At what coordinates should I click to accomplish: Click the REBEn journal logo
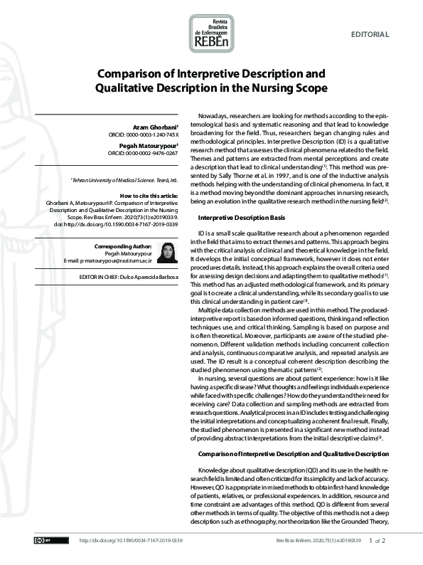click(x=210, y=36)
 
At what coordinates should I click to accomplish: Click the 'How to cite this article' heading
click(x=151, y=196)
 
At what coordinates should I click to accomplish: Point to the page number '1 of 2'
click(x=377, y=541)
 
